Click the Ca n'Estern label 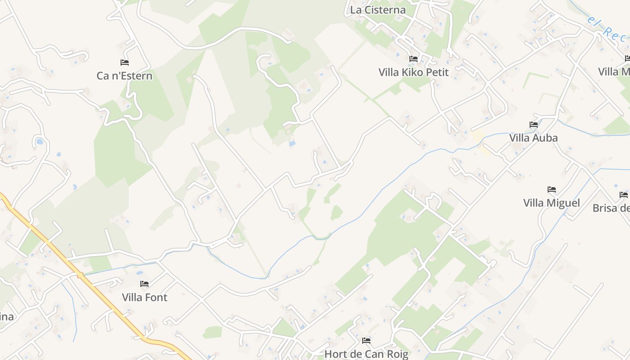[125, 76]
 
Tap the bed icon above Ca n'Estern [125, 63]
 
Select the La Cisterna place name [378, 10]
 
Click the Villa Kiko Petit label [413, 72]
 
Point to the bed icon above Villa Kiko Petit [413, 59]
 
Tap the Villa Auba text [533, 138]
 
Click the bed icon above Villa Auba [534, 125]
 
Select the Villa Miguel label [551, 203]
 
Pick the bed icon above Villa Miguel [552, 189]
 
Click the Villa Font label [144, 297]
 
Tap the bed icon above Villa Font [144, 284]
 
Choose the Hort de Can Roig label [366, 354]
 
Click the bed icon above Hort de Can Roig [366, 341]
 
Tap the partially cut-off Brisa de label [611, 208]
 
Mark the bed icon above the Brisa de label [623, 195]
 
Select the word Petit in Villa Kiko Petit [435, 72]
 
